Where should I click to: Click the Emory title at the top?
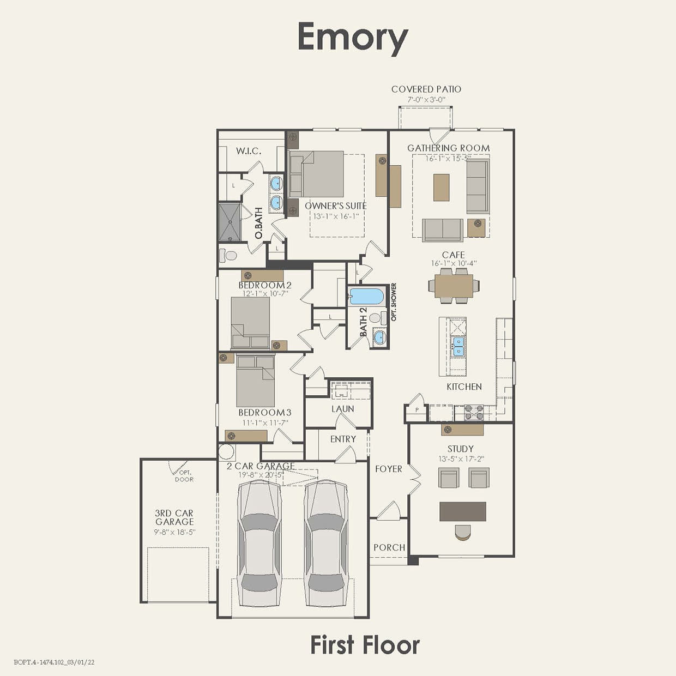(353, 37)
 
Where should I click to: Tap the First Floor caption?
(365, 645)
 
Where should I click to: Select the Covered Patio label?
(426, 89)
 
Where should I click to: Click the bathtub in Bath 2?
(366, 297)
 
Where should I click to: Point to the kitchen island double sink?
(457, 346)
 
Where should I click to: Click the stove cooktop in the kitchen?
(473, 413)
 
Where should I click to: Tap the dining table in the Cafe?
(454, 285)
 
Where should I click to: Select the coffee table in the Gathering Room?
(441, 187)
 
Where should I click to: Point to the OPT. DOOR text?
(184, 476)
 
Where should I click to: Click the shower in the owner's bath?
(230, 222)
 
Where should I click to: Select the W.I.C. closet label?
(249, 151)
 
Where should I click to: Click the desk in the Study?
(463, 511)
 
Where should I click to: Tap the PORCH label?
(389, 547)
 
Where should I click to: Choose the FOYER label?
(388, 469)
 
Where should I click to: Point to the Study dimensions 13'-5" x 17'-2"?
(461, 459)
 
